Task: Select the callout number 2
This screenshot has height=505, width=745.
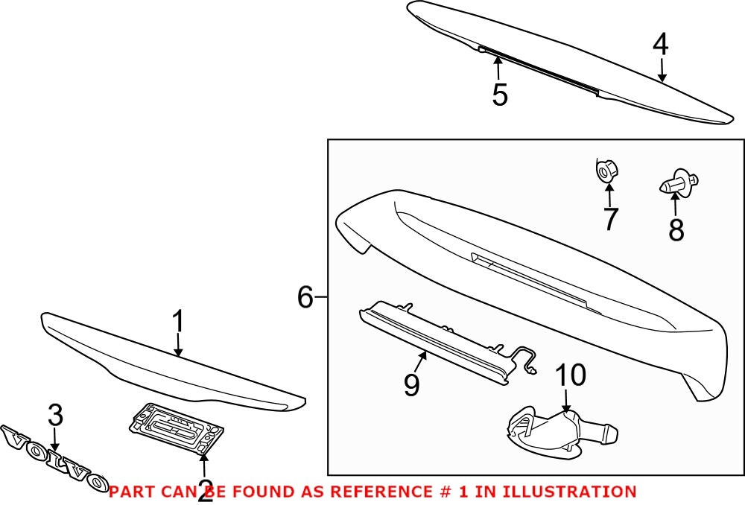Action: tap(205, 492)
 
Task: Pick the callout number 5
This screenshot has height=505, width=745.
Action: tap(499, 95)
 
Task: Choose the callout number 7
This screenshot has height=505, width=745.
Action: tap(610, 219)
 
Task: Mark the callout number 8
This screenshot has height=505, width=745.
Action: tap(676, 230)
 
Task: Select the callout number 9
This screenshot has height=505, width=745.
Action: tap(411, 384)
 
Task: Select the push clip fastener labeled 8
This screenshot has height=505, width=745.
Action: tap(678, 182)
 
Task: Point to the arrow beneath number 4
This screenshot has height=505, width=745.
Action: tap(661, 69)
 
